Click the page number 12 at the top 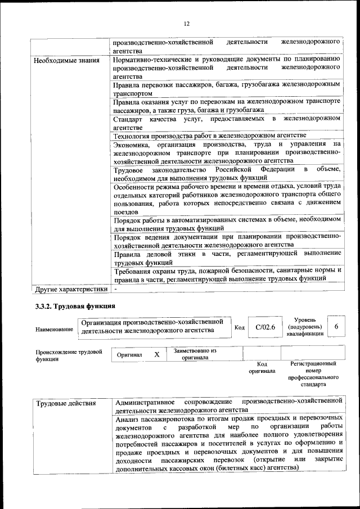point(186,23)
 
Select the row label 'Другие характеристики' point(70,290)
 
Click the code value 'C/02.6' point(265,327)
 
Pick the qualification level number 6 point(336,327)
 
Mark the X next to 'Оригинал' point(157,354)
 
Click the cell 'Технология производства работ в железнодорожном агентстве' point(209,136)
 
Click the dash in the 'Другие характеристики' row point(115,289)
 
